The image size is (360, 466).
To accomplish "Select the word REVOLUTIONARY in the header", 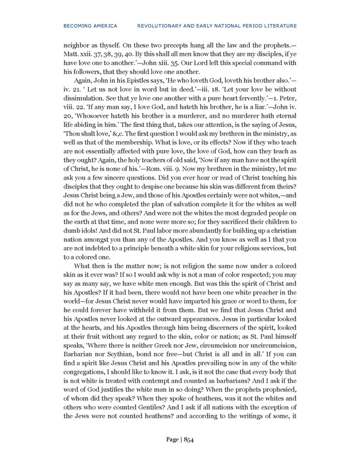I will click(x=165, y=26).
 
